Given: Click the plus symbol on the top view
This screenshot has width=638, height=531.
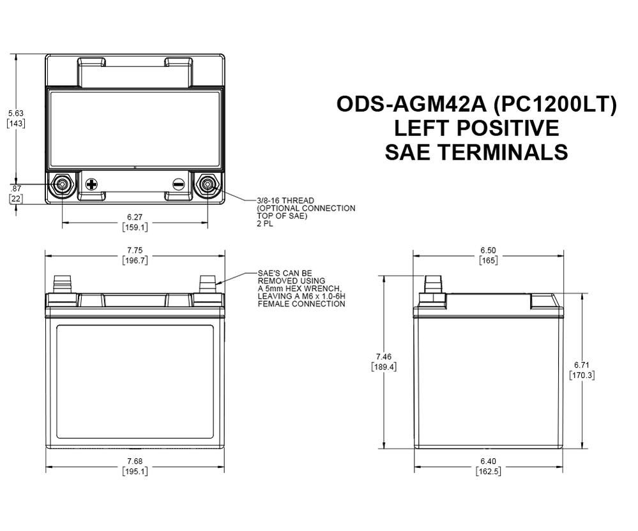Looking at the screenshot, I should (x=91, y=185).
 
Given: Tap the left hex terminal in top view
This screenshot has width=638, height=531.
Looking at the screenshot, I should (x=63, y=185).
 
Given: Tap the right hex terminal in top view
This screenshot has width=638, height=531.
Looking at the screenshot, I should (x=208, y=185).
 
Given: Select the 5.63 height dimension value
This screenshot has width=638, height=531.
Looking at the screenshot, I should (x=15, y=113).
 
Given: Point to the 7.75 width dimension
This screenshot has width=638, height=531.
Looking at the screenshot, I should (x=134, y=251).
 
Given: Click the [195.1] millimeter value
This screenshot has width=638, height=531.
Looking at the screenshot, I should (x=134, y=472).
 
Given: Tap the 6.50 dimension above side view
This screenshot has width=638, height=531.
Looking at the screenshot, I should (x=488, y=251).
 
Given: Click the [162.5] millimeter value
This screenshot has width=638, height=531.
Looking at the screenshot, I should (x=488, y=472).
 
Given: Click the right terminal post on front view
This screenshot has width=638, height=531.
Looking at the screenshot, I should (x=208, y=283).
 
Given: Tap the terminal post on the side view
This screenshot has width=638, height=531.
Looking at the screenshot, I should (x=433, y=285).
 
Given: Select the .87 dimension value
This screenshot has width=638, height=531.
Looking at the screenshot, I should (x=15, y=189).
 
